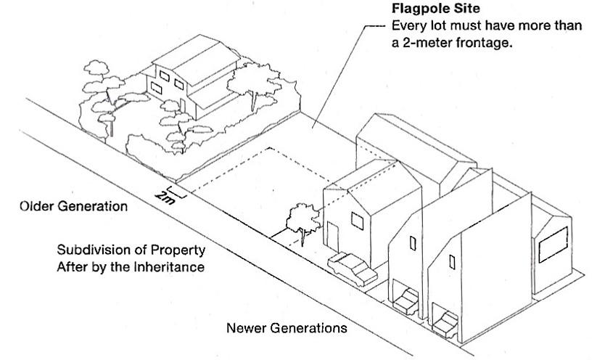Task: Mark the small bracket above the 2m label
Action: pos(176,192)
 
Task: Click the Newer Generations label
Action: pos(287,327)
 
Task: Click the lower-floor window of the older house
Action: pos(155,87)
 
